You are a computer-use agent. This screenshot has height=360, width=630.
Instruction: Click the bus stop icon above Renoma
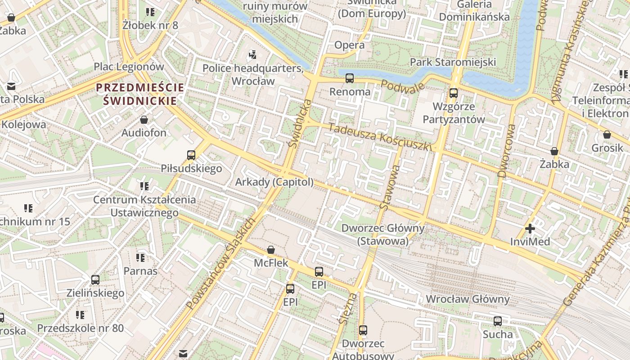[350, 78]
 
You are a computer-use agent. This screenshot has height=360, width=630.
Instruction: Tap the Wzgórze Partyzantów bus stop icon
[454, 93]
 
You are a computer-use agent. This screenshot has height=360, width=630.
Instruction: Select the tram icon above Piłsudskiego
[191, 155]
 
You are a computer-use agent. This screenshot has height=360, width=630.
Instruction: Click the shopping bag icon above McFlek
[271, 250]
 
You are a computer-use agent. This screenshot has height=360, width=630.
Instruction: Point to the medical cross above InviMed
[530, 229]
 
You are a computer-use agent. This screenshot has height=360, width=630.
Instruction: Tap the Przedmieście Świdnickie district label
[140, 94]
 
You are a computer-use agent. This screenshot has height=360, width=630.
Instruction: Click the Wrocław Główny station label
[468, 299]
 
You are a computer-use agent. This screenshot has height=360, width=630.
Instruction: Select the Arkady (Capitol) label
[274, 182]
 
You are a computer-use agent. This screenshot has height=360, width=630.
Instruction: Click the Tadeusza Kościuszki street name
[380, 137]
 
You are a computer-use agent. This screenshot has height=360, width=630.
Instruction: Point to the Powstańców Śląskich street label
[221, 264]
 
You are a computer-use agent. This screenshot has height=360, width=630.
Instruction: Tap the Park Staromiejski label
[453, 62]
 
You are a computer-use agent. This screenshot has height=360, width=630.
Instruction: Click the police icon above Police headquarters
[252, 55]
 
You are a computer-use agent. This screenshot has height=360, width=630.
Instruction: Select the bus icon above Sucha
[498, 321]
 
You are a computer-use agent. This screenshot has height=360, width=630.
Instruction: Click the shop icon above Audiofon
[144, 120]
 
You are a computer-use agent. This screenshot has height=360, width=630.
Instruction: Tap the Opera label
[349, 45]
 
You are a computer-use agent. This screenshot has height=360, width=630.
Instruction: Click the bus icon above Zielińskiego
[95, 280]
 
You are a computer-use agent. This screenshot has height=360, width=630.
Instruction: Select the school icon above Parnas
[140, 258]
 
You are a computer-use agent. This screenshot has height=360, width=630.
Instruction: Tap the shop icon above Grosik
[607, 135]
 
